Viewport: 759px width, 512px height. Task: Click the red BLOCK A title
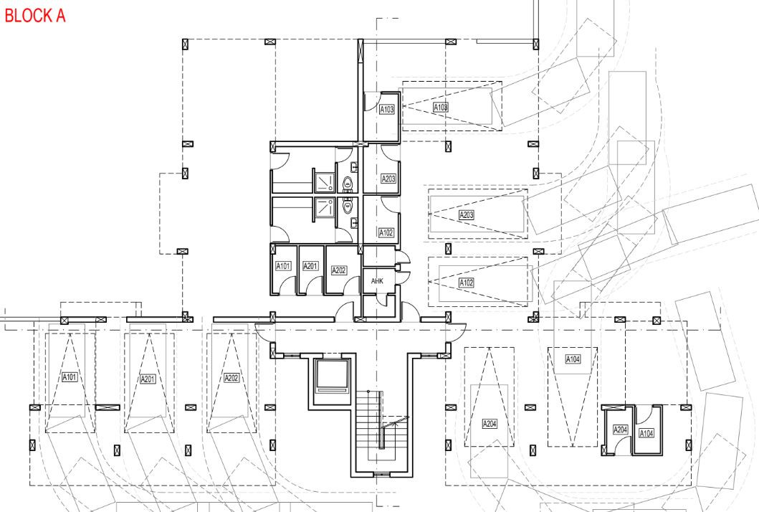coord(35,16)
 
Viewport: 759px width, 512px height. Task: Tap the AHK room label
coord(377,281)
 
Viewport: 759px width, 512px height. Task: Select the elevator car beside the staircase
coord(332,376)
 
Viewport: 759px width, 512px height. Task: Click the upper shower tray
coord(325,181)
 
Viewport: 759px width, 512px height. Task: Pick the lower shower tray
coord(325,207)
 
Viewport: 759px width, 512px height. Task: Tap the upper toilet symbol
coord(347,184)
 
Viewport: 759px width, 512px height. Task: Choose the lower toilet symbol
coord(347,206)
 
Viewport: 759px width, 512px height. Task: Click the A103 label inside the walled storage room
coord(387,110)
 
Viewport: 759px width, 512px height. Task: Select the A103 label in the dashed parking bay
coord(441,107)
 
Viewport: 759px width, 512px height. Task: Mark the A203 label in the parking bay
coord(467,214)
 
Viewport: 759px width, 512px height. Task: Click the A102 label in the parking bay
coord(466,283)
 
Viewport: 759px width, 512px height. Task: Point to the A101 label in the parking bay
coord(70,377)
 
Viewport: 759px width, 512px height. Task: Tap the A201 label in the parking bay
coord(148,379)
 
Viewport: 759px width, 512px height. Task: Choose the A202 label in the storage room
coord(339,270)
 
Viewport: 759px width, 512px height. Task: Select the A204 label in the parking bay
coord(490,424)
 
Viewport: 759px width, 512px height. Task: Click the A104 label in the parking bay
coord(573,359)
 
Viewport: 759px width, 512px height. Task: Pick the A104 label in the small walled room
coord(646,433)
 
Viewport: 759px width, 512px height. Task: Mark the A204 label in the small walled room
coord(621,430)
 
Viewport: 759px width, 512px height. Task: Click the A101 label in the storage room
coord(283,266)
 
